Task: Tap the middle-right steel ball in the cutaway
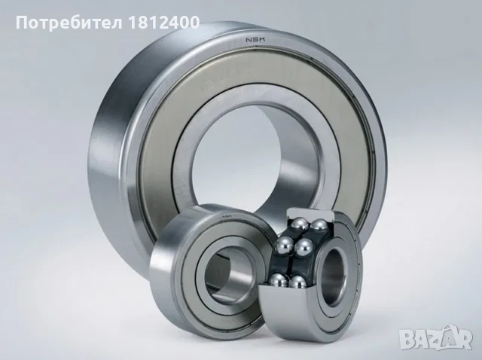(x=304, y=247)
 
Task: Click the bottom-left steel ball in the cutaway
(x=279, y=279)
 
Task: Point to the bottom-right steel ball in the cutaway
(x=297, y=282)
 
